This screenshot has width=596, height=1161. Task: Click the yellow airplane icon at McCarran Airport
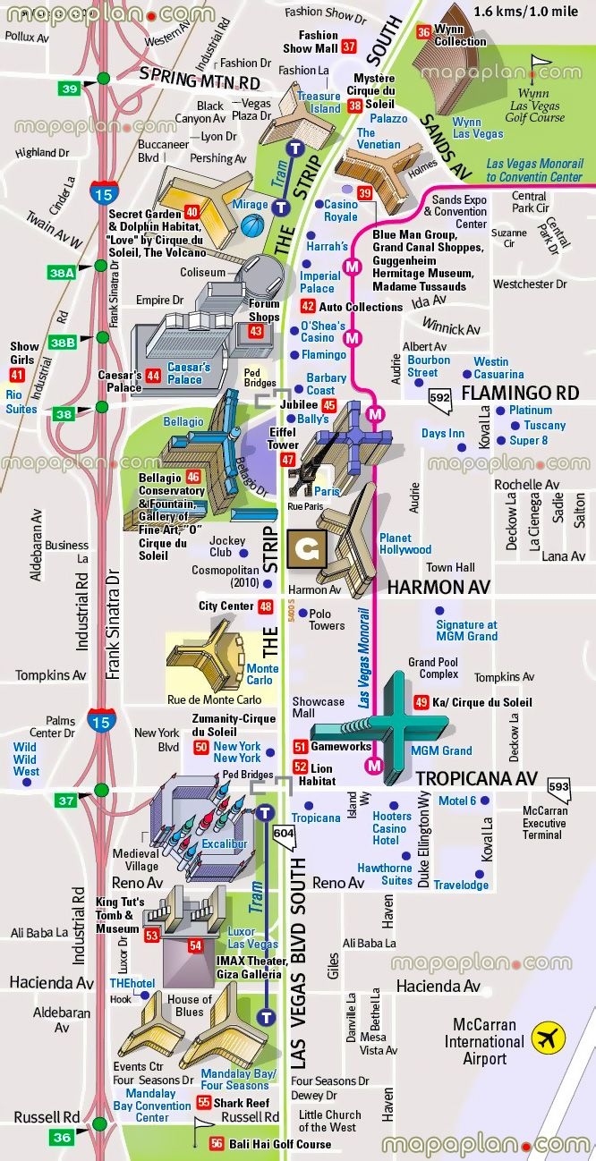point(548,1038)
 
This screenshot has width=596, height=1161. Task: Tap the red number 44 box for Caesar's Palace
point(154,376)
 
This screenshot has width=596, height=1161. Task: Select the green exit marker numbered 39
point(69,88)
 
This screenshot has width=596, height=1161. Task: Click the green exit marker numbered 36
point(62,1137)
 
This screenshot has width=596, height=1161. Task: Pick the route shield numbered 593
point(558,786)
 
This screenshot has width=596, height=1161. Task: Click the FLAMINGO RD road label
point(520,393)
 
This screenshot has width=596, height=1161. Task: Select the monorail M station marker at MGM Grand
point(374,766)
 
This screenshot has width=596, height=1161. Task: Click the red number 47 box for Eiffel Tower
point(287,460)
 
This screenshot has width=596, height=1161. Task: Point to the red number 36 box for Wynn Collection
point(423,32)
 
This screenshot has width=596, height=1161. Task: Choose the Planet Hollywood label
point(404,544)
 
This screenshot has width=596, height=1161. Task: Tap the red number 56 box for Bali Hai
point(217,1143)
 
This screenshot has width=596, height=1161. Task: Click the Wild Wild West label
point(27,758)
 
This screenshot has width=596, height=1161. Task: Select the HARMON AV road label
point(438,588)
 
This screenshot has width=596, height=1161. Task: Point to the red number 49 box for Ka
point(421,702)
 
